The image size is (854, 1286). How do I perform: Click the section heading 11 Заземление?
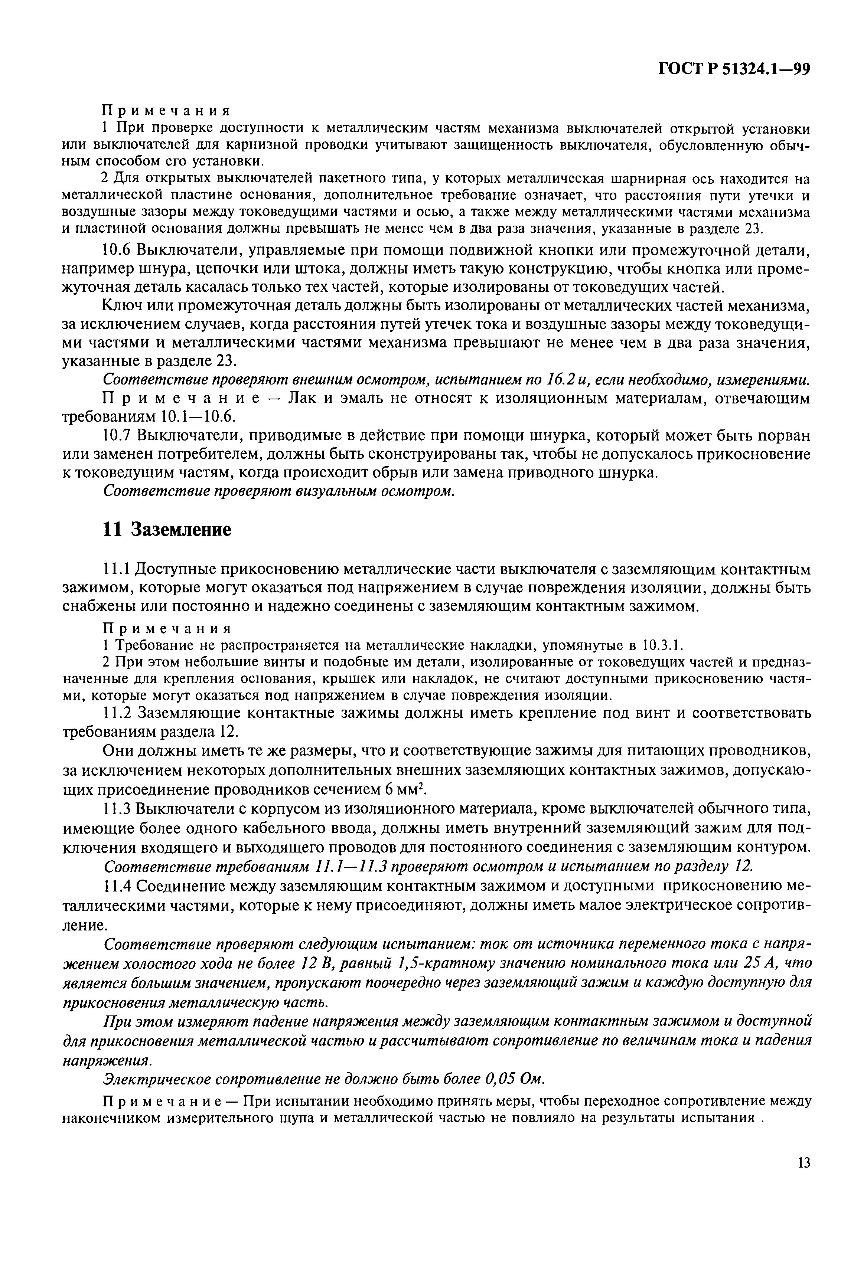167,529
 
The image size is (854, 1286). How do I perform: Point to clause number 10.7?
117,436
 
